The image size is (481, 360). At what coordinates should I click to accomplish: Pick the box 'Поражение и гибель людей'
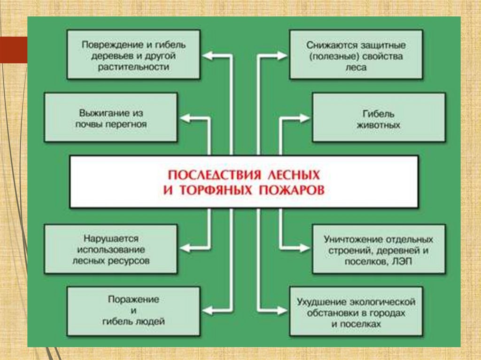[133, 310]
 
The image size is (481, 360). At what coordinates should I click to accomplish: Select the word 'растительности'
[133, 67]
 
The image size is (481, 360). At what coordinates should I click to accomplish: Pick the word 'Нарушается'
[111, 238]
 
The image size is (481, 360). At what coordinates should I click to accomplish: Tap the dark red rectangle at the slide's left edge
[13, 49]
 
